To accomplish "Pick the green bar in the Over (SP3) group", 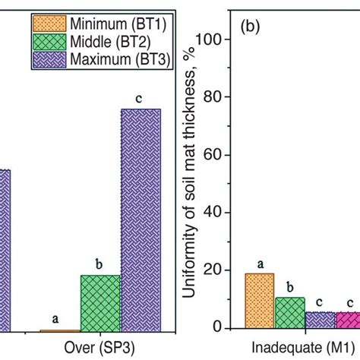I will [101, 302].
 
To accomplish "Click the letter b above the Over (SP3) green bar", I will [99, 264].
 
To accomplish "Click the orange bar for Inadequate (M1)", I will [259, 301].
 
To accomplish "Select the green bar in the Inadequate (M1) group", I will [290, 313].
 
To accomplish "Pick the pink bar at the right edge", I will [349, 320].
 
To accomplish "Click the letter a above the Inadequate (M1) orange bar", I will [260, 264].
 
